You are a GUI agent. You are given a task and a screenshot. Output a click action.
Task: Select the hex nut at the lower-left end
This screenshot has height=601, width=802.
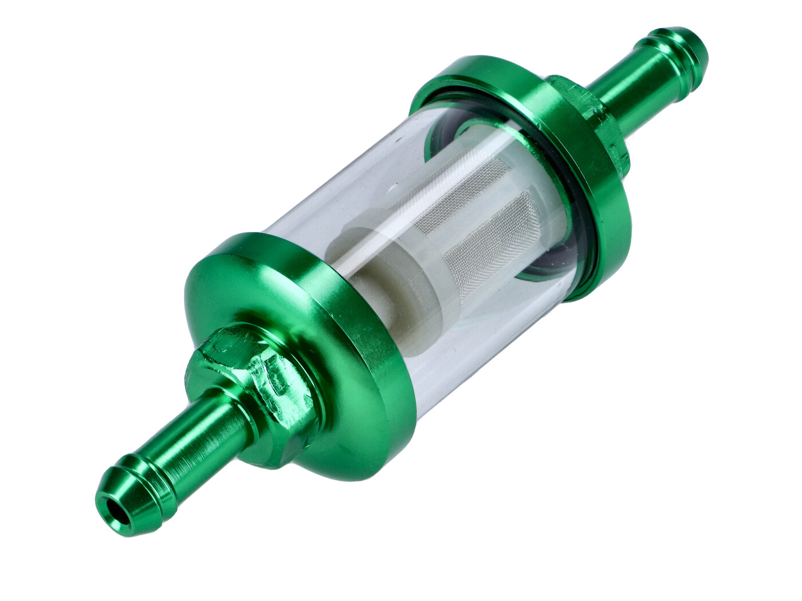click(x=252, y=372)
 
